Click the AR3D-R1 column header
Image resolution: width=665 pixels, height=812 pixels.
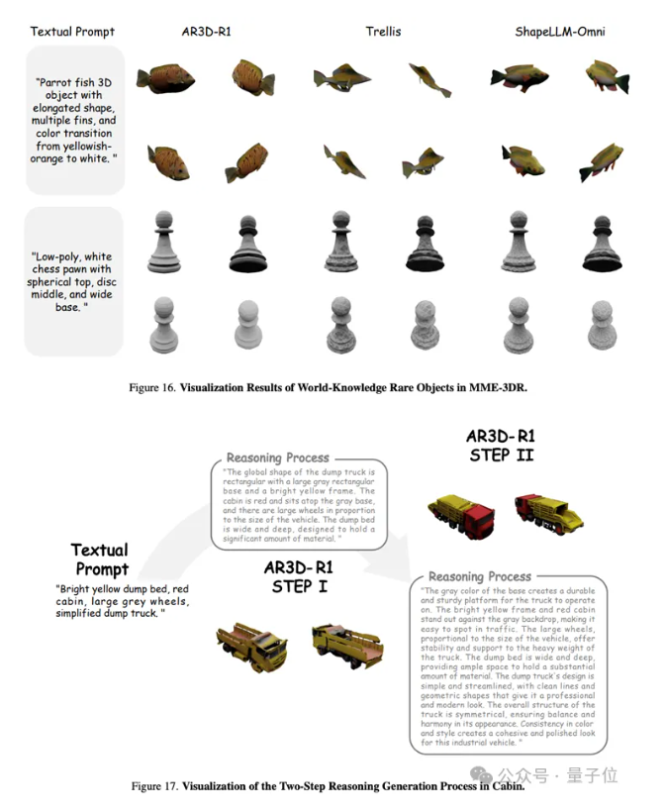[208, 32]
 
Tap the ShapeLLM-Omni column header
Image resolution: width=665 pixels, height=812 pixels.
[559, 32]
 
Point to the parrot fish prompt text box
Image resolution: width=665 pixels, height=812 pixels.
[74, 120]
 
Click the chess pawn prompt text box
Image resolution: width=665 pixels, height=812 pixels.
[74, 281]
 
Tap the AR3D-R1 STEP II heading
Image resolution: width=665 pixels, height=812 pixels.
[502, 445]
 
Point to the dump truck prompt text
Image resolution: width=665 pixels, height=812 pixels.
[113, 601]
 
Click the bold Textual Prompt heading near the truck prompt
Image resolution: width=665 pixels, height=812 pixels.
[100, 559]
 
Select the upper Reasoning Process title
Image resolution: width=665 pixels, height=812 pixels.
[278, 458]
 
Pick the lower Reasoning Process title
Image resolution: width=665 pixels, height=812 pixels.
[478, 575]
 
